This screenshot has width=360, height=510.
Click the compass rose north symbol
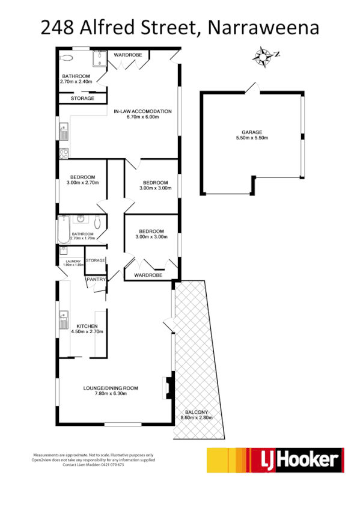pos(263,57)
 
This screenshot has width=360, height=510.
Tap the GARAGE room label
pos(252,132)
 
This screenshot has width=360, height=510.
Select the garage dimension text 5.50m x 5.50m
pos(252,138)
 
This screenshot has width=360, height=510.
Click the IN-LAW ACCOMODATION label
pos(142,111)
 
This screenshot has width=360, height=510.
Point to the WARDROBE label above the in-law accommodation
pos(128,55)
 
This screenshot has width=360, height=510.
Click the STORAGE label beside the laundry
pos(96,260)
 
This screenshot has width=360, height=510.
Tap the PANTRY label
pos(96,279)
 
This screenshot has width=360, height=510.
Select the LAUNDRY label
pos(72,261)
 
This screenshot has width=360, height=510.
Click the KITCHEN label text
pos(87,325)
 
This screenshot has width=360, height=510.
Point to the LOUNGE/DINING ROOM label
pos(111,388)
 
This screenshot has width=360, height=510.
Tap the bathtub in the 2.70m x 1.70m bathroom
pos(64,229)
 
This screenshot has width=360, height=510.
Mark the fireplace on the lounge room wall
pos(166,388)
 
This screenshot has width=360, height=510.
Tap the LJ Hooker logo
pos(275,460)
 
